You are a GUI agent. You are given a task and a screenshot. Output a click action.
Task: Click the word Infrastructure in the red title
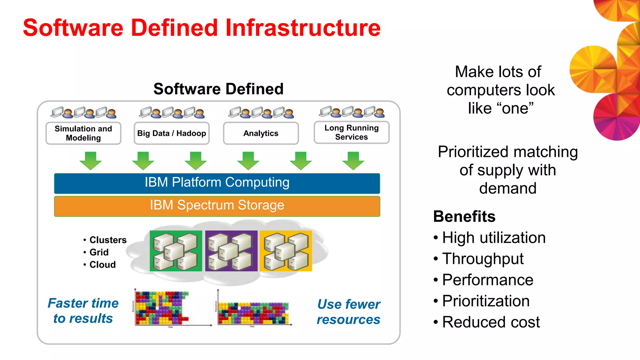click(x=302, y=28)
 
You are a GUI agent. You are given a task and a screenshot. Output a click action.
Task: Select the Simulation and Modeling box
click(x=83, y=133)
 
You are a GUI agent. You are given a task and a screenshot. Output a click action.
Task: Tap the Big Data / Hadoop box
click(x=172, y=133)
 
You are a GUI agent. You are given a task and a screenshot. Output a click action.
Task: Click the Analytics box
click(x=261, y=133)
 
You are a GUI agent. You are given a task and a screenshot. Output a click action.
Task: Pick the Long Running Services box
click(x=352, y=132)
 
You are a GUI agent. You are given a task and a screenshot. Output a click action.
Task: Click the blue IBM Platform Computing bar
click(x=217, y=183)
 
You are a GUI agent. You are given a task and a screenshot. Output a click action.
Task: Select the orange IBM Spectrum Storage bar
click(x=217, y=206)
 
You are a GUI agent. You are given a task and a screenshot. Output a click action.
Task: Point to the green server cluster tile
click(x=176, y=251)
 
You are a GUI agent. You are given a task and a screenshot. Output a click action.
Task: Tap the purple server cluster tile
click(x=231, y=251)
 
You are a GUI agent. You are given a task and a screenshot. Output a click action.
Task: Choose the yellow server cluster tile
click(x=286, y=251)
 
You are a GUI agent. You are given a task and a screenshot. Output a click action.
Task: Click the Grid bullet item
click(x=99, y=252)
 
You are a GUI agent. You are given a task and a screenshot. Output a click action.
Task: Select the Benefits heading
click(x=464, y=217)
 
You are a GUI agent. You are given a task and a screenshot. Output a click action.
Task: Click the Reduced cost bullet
click(x=491, y=322)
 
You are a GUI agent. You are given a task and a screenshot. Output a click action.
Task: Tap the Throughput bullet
click(x=483, y=259)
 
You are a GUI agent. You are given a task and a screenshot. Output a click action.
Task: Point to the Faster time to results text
click(x=83, y=311)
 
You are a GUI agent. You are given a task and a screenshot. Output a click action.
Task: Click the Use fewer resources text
click(x=348, y=312)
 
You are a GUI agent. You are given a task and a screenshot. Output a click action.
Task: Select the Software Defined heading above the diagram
click(x=218, y=89)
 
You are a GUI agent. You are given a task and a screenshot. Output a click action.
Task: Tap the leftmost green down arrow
click(x=91, y=160)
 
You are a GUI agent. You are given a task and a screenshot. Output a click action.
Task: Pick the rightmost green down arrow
click(x=353, y=160)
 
